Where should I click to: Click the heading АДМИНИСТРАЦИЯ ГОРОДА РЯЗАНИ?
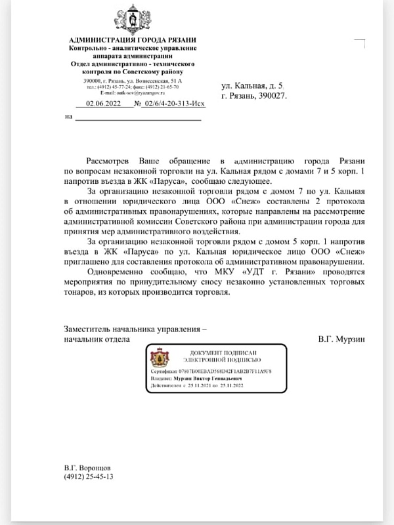click(133, 41)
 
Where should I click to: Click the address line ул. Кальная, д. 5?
click(252, 86)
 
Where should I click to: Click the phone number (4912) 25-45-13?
click(89, 477)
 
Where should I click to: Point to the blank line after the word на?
click(137, 119)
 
